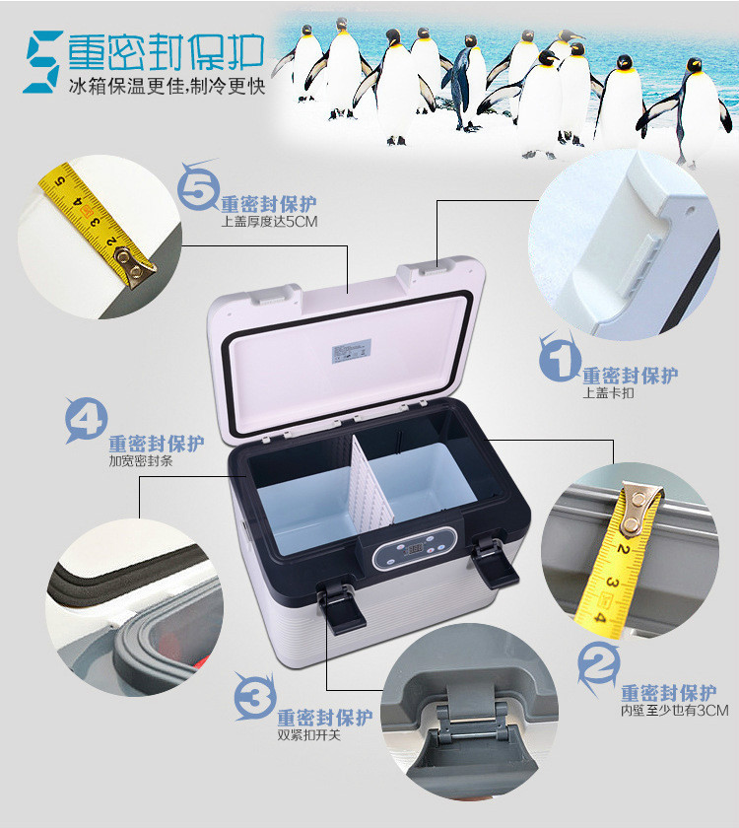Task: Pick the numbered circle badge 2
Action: [x=598, y=666]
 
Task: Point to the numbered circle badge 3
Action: [x=255, y=697]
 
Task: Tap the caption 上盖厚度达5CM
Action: [x=269, y=222]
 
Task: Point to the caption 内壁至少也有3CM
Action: [x=674, y=710]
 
